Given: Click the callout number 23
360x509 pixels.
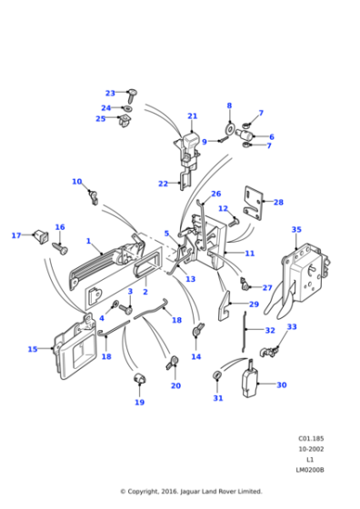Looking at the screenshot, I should click(x=110, y=93).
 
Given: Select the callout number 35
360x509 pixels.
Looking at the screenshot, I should click(x=296, y=230).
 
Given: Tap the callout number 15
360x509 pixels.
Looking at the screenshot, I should click(x=33, y=349).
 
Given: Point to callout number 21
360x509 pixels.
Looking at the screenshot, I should click(x=192, y=116).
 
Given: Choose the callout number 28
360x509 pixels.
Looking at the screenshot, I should click(x=278, y=203).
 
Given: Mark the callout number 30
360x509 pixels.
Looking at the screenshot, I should click(x=281, y=384).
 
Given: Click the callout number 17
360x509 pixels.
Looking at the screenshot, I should click(x=15, y=236).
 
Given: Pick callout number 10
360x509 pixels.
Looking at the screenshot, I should click(x=76, y=182).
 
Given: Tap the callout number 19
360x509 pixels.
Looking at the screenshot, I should click(x=139, y=402).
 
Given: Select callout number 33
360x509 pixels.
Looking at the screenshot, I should click(x=292, y=327).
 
